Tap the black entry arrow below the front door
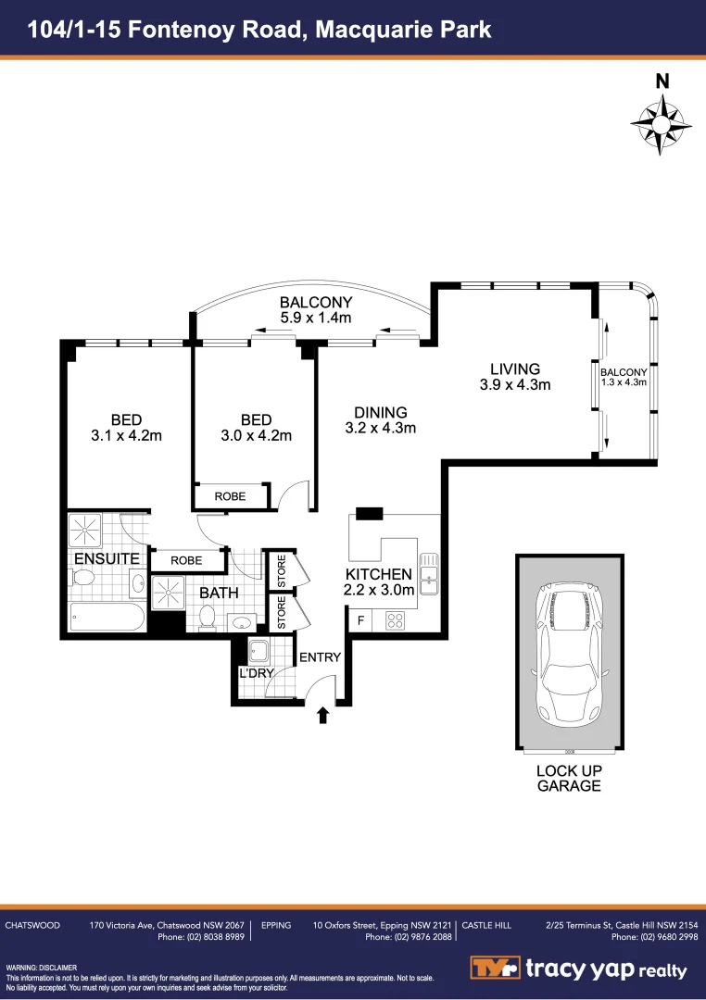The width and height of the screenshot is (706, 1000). coord(322,714)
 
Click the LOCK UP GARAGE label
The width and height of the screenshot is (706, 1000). coord(569,778)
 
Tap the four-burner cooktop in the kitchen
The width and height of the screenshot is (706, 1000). coord(396,621)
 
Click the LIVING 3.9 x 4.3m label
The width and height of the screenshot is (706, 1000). coord(515,377)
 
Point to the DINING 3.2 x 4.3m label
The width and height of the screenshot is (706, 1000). coord(380,419)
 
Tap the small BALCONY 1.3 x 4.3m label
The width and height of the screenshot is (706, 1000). coord(624,377)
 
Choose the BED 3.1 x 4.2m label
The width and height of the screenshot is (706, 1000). coord(127,428)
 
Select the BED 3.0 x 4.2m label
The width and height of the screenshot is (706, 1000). coord(256,428)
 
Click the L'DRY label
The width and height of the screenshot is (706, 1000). coord(256,673)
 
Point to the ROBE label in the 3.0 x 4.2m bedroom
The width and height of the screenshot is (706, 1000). coord(230,496)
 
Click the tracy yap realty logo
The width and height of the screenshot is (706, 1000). coord(578,969)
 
